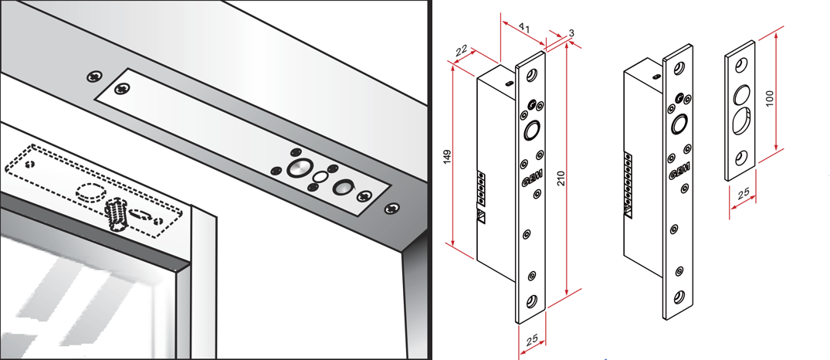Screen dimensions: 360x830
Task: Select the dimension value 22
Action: (x=463, y=50)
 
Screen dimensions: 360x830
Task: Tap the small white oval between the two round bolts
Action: (x=320, y=176)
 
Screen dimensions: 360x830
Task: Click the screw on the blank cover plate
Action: (x=122, y=90)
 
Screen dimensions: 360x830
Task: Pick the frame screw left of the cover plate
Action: (x=94, y=76)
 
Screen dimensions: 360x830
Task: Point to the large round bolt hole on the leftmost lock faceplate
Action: (x=531, y=129)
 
